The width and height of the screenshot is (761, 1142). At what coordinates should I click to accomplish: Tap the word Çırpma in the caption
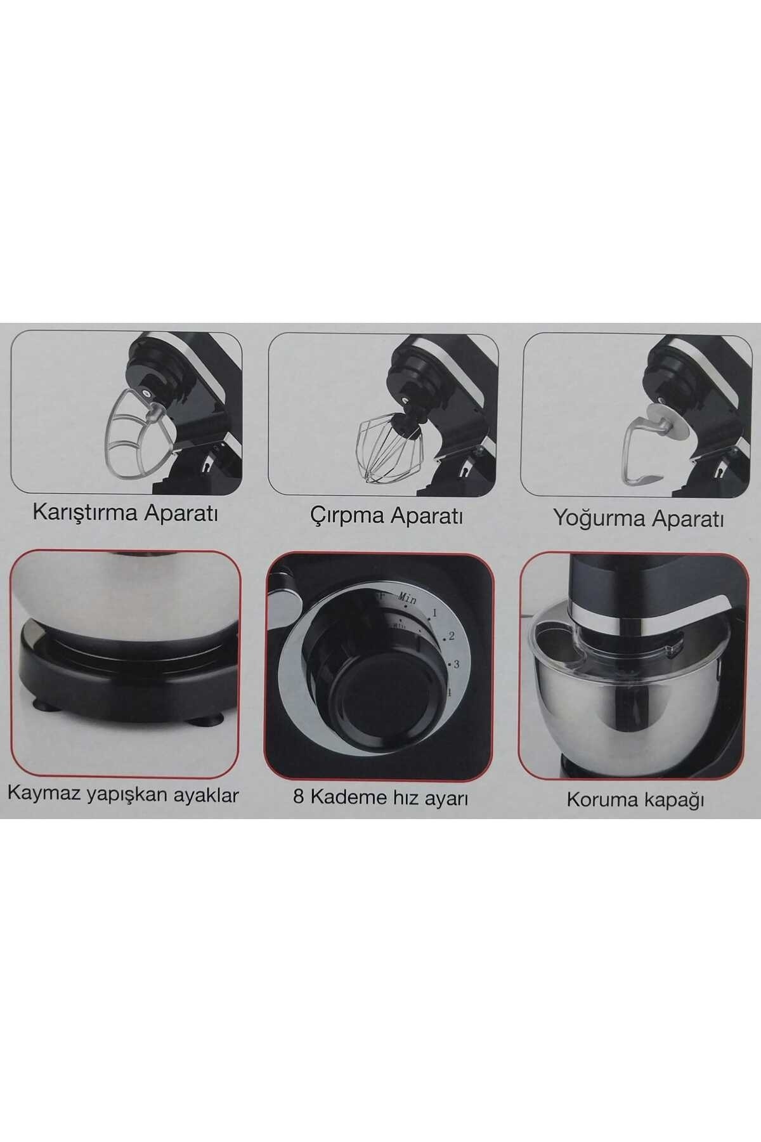pos(347,515)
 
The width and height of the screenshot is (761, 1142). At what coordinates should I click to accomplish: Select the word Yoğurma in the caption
pos(593,518)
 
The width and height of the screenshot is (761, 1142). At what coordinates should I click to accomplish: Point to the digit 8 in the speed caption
pos(299,797)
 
